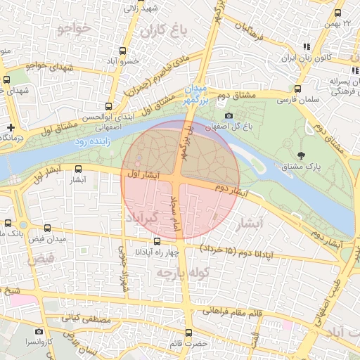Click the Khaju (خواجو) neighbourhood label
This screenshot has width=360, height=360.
click(75, 28)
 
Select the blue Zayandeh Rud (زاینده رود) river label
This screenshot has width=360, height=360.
click(91, 141)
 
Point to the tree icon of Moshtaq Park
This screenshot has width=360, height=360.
click(302, 155)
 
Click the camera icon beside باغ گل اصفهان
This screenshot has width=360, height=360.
click(229, 116)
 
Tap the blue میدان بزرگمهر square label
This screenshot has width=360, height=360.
click(194, 94)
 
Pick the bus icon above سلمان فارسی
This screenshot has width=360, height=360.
click(298, 89)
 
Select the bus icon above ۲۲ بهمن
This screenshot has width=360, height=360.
click(338, 13)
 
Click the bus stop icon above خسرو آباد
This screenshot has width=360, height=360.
click(124, 51)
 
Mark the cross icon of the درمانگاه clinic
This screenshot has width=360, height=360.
click(10, 127)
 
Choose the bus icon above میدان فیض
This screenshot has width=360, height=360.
click(47, 229)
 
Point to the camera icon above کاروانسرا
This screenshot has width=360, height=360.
click(39, 331)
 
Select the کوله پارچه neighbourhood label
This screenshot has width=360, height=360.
click(184, 272)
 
